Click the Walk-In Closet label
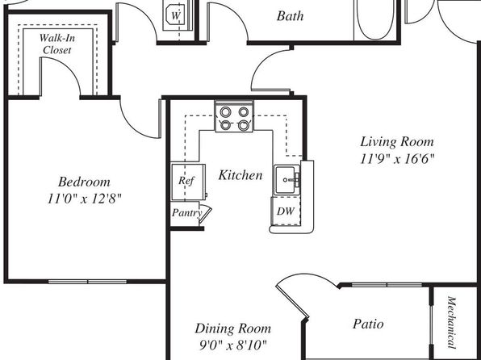click(x=57, y=44)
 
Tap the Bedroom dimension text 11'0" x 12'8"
click(x=85, y=199)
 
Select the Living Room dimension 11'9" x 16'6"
click(x=397, y=159)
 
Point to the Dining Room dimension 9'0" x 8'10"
click(x=232, y=345)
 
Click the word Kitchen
click(x=240, y=175)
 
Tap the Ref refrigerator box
click(x=188, y=182)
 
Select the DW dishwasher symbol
click(x=285, y=211)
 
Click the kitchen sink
click(x=287, y=180)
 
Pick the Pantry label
click(x=186, y=212)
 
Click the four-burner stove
click(x=234, y=116)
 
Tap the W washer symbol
click(x=175, y=16)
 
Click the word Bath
click(x=290, y=16)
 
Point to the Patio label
click(x=368, y=324)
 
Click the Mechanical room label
click(x=450, y=322)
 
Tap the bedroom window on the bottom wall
click(x=87, y=282)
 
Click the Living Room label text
click(x=397, y=142)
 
